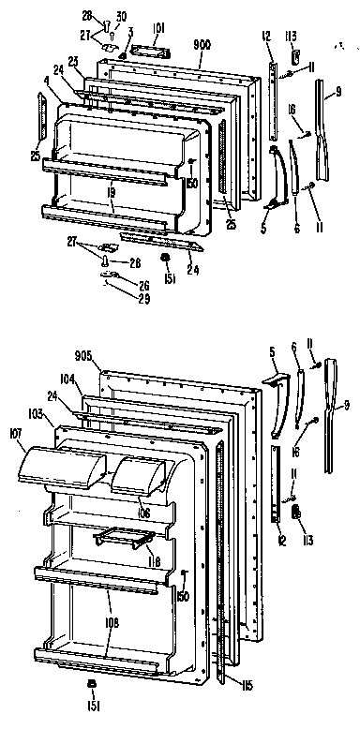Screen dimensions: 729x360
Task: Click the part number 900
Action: click(x=201, y=44)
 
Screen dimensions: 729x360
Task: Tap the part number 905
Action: click(x=84, y=354)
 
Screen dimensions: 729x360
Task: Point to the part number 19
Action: click(x=110, y=193)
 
